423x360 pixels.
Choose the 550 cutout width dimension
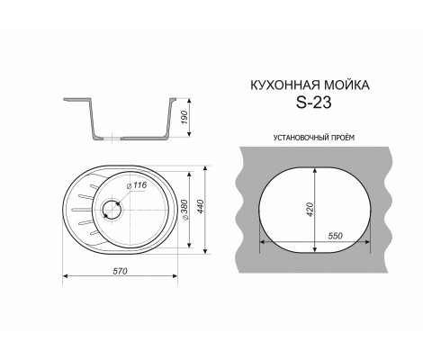(x=336, y=235)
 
